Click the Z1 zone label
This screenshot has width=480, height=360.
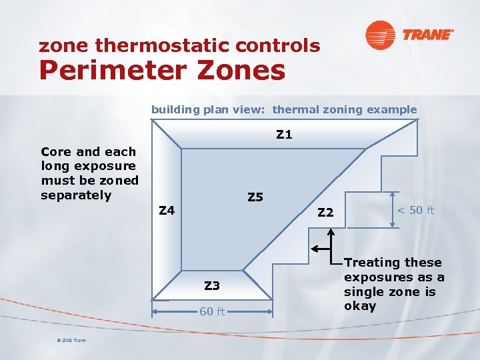(x=284, y=135)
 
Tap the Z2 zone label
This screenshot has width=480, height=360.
(x=325, y=213)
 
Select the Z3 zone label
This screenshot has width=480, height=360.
(x=211, y=286)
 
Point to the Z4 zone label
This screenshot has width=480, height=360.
(x=166, y=211)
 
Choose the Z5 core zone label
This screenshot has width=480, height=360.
(x=255, y=197)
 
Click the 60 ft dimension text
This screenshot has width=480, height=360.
(x=212, y=311)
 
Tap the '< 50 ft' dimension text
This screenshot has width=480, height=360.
(x=415, y=211)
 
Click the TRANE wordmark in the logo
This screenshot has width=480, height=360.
(x=427, y=35)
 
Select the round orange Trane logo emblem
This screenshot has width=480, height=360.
(x=380, y=35)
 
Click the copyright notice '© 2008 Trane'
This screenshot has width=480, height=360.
(x=71, y=341)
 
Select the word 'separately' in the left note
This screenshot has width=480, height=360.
(x=76, y=195)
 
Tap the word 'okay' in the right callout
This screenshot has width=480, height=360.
(x=360, y=307)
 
